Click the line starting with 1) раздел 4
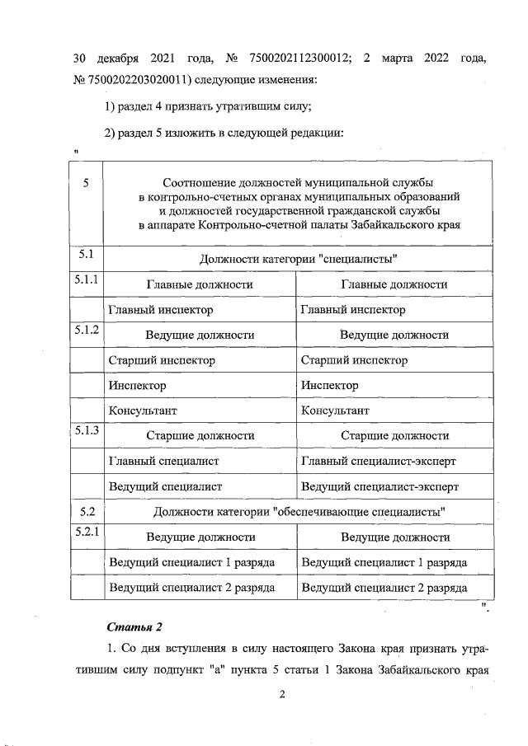[x=208, y=106]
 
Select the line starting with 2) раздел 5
[x=224, y=133]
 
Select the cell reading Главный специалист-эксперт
[x=379, y=461]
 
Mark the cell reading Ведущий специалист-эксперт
[x=379, y=486]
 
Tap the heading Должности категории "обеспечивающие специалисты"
[x=299, y=512]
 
